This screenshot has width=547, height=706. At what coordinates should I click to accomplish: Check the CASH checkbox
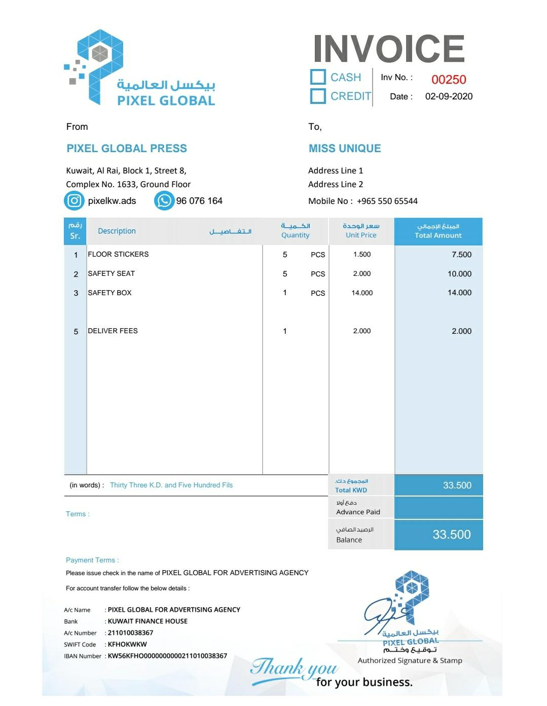click(318, 77)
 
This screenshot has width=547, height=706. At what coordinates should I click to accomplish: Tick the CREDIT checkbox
click(318, 96)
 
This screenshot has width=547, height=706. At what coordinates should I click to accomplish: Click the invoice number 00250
click(449, 80)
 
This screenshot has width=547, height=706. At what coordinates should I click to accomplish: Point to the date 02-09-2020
click(449, 96)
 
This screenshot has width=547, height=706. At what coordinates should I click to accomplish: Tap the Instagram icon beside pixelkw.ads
click(74, 201)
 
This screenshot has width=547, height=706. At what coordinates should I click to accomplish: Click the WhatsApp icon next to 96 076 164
click(164, 201)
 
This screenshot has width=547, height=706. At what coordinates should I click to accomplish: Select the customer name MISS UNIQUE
click(345, 149)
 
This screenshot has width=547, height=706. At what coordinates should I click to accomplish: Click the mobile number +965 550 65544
click(387, 201)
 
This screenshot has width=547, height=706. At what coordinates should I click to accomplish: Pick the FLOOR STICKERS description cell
click(118, 254)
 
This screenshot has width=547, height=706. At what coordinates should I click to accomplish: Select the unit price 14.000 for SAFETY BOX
click(362, 293)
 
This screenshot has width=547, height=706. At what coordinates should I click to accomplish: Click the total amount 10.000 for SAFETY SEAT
click(459, 274)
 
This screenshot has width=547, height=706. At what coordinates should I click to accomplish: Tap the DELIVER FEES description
click(113, 331)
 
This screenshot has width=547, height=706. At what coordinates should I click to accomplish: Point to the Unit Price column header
click(361, 231)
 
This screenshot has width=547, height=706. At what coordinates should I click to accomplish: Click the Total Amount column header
click(438, 231)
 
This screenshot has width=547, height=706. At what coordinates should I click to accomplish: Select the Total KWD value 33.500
click(457, 485)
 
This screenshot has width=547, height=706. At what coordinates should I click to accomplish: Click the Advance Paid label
click(358, 512)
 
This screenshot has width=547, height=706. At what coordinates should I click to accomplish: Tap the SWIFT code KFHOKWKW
click(127, 644)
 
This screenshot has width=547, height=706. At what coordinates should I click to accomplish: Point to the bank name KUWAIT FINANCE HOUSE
click(148, 621)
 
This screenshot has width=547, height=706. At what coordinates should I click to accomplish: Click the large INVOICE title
click(389, 49)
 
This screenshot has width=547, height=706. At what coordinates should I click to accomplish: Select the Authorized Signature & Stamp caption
click(410, 660)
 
